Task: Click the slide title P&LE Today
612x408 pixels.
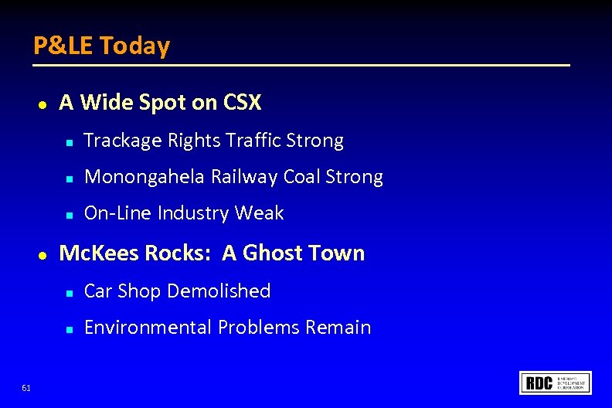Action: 101,46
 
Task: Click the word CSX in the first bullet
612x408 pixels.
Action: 243,102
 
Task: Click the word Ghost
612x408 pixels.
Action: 272,253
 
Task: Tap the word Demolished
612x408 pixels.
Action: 219,291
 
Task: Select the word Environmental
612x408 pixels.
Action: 148,328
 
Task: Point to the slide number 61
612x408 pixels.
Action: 26,388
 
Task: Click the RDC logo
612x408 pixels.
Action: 556,382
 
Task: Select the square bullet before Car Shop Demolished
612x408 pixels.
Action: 69,293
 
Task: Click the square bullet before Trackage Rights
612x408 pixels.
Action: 69,142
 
